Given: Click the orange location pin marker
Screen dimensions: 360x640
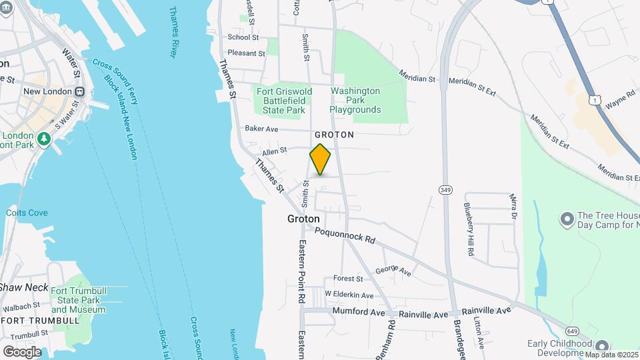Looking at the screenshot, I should click(320, 159).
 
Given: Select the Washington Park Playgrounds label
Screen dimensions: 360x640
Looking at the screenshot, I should click(355, 100).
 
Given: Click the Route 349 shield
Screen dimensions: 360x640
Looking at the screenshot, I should click(445, 190).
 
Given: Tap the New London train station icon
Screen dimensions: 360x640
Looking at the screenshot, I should click(79, 91).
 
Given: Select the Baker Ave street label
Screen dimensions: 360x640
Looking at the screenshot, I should click(261, 129).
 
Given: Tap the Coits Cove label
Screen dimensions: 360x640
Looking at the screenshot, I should click(27, 213).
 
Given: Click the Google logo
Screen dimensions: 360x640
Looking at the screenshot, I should click(22, 351).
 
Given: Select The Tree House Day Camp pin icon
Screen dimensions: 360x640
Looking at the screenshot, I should click(567, 219).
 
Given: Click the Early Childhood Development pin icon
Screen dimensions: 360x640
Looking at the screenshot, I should click(603, 346).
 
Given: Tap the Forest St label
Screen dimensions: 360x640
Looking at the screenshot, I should click(348, 279).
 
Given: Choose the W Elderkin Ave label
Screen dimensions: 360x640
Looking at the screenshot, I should click(349, 295).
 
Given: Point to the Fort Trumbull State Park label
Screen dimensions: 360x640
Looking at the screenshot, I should click(78, 300).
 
